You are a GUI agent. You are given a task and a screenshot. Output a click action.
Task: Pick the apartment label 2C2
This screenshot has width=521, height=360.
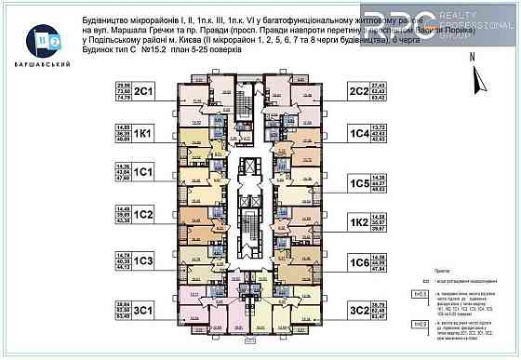click(x=360, y=91)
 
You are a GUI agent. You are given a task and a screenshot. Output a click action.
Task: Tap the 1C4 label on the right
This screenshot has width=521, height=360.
click(x=360, y=134)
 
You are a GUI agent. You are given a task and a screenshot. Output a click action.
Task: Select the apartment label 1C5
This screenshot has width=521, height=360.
click(x=360, y=184)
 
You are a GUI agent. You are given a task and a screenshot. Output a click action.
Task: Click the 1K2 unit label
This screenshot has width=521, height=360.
click(x=360, y=223)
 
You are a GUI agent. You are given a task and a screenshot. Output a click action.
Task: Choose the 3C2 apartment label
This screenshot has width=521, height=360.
click(x=360, y=311)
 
